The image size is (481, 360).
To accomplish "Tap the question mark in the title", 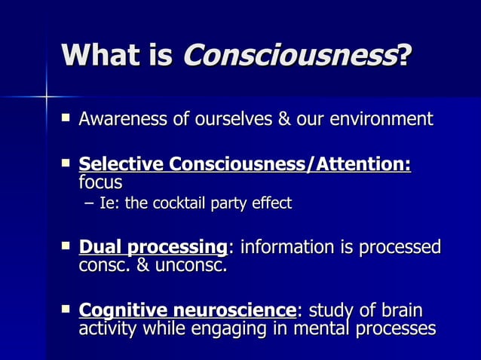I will click(x=406, y=55).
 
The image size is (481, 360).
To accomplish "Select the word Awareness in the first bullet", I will click(x=121, y=119).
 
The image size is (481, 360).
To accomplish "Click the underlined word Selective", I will click(x=121, y=163).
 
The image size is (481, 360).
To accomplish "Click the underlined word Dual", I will click(x=100, y=246).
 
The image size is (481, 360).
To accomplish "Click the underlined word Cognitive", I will click(x=123, y=310).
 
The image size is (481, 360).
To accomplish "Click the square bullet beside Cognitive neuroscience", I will click(x=66, y=309).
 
